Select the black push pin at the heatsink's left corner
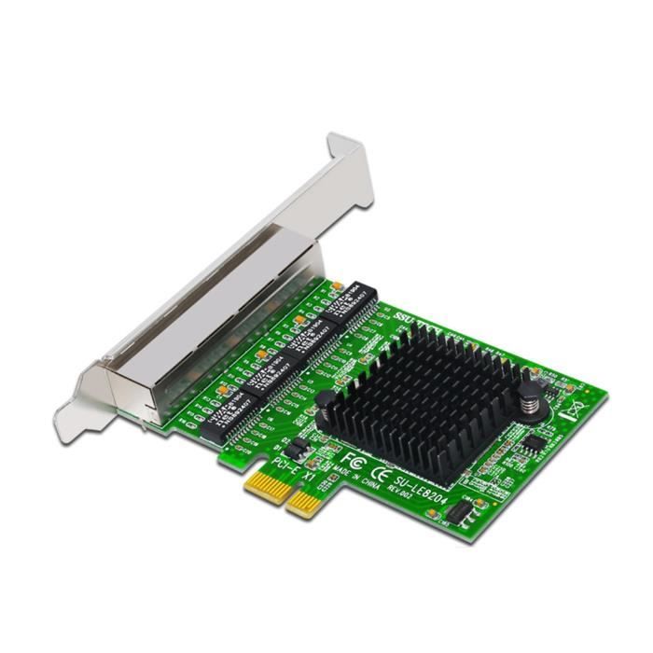pyautogui.click(x=326, y=402)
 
